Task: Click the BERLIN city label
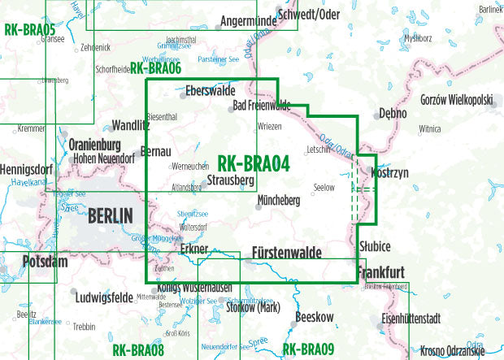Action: (x=109, y=216)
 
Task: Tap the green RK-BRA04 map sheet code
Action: (x=254, y=164)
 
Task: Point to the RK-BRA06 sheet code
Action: (x=154, y=70)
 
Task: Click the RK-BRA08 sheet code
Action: (x=137, y=350)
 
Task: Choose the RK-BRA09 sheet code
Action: (x=308, y=350)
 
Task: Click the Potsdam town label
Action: (x=28, y=265)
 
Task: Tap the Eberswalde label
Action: (x=211, y=91)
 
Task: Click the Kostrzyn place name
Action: (x=389, y=174)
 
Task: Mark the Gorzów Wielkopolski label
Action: (x=456, y=99)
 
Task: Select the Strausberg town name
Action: (x=231, y=180)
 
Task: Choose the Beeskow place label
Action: (x=315, y=317)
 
